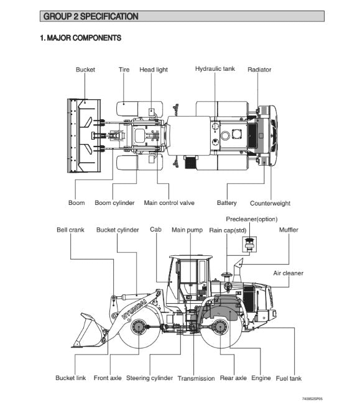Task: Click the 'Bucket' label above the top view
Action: (x=85, y=70)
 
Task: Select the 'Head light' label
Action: (x=154, y=70)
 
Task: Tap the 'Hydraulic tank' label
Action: (x=215, y=69)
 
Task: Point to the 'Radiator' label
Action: (x=259, y=70)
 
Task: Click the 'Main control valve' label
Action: (x=169, y=203)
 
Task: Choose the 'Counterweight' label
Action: (x=270, y=203)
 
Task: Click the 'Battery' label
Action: (x=226, y=203)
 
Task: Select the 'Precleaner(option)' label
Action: (x=252, y=219)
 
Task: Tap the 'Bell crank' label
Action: (x=70, y=230)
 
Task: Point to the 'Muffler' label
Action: (x=288, y=230)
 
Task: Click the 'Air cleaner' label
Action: (x=288, y=273)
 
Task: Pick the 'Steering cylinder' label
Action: (x=149, y=378)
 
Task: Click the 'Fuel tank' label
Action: (x=288, y=378)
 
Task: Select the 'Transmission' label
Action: (x=196, y=378)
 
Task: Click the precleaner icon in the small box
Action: (x=249, y=243)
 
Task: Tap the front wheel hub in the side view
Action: (x=139, y=327)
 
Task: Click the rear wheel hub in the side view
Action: (x=219, y=327)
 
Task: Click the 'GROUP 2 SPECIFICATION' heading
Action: (x=91, y=16)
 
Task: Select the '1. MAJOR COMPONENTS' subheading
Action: (x=81, y=38)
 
